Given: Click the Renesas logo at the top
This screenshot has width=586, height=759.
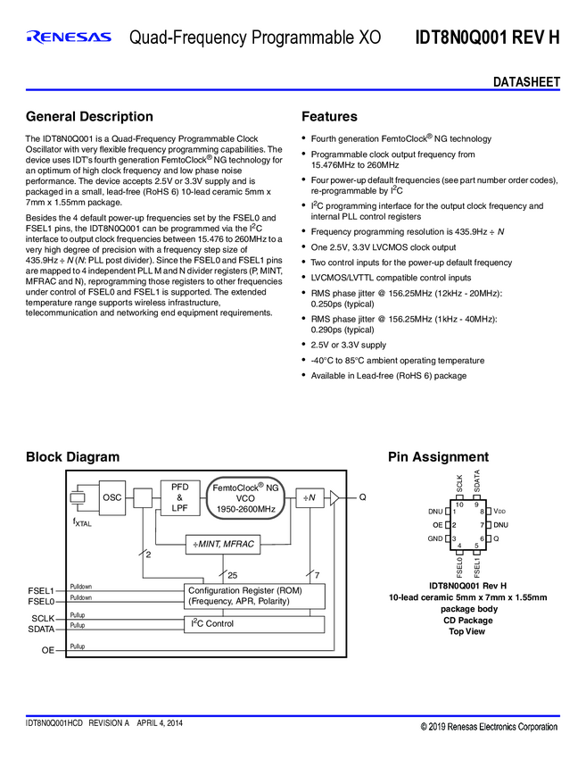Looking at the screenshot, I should pos(70,38).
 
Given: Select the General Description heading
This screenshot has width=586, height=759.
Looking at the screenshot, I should pos(89,117).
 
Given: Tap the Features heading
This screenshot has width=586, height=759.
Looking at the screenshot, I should pos(329,117).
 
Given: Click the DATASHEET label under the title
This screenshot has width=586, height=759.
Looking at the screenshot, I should pos(526,82).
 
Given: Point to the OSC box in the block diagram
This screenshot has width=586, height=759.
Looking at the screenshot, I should pos(111,497).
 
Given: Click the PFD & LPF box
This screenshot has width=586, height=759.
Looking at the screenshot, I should pos(180,497).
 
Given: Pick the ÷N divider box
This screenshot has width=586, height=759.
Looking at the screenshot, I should pos(310,497).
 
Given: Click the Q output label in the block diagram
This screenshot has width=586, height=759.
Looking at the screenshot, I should pos(362,497).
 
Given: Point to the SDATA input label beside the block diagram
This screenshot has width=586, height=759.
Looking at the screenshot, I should pos(41,629).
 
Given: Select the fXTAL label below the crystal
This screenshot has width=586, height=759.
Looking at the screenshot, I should pos(82,522).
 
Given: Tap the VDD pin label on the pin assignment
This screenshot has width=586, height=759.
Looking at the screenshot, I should pos(499,511).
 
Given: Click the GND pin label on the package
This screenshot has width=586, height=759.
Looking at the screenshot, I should pos(434,538).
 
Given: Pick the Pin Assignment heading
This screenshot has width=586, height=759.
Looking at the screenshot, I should pos(438,457).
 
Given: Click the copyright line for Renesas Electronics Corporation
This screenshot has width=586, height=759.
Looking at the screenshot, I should pos(489,727).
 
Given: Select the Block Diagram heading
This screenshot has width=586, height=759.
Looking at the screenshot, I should pos(72,457).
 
